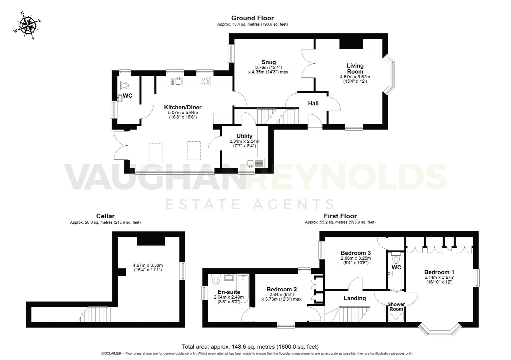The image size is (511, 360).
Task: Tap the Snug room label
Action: click(268, 62)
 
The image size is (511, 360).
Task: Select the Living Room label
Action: click(355, 69)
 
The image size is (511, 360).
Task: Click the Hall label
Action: click(313, 103)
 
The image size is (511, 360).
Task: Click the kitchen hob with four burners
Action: click(205, 81)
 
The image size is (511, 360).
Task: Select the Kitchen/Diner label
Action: click(182, 107)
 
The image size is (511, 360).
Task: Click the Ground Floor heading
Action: click(252, 18)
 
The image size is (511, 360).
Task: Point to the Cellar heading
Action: click(105, 216)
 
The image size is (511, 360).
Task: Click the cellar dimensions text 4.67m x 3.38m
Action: click(147, 265)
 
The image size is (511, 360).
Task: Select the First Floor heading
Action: click(340, 216)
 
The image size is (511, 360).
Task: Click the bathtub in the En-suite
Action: click(243, 289)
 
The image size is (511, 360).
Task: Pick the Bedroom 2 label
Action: click(282, 289)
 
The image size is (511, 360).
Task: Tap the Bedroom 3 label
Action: click(356, 253)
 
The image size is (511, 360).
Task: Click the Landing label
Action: click(355, 298)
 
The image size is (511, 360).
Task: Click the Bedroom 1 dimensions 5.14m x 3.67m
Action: click(439, 277)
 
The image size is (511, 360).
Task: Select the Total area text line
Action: click(250, 347)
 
